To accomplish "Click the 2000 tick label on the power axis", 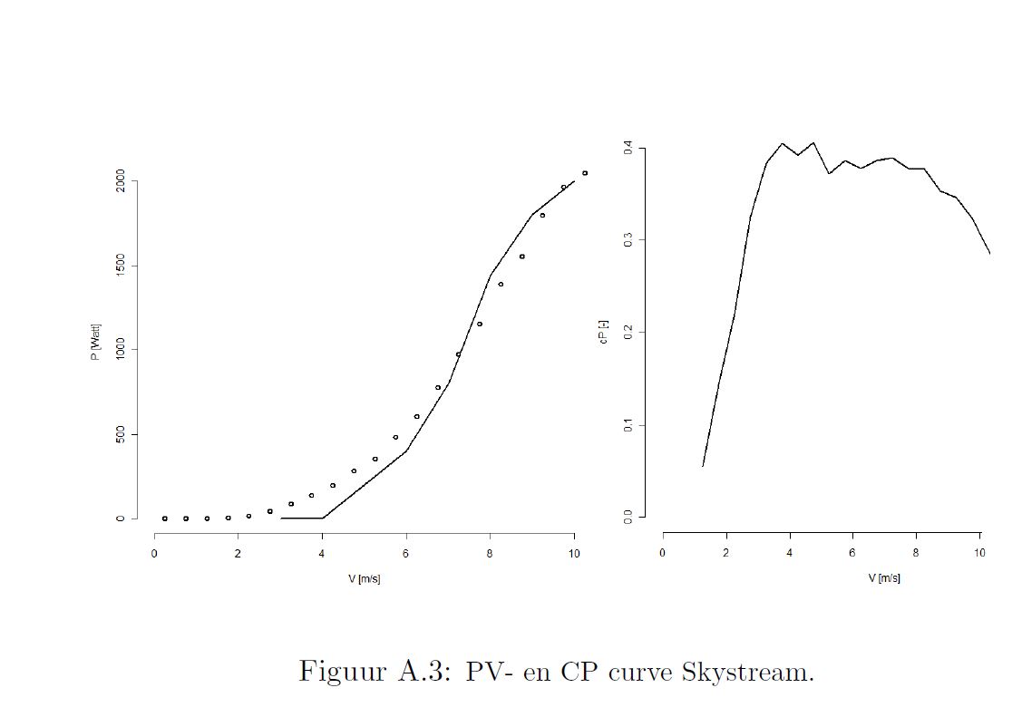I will pyautogui.click(x=120, y=181).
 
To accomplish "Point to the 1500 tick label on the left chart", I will pyautogui.click(x=120, y=266).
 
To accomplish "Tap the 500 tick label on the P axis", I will pyautogui.click(x=120, y=435).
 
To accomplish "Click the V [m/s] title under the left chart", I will pyautogui.click(x=364, y=579).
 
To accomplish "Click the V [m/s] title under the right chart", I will pyautogui.click(x=883, y=577).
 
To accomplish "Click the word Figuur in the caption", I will pyautogui.click(x=339, y=673).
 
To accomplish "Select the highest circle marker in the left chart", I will pyautogui.click(x=585, y=173).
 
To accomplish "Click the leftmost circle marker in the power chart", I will pyautogui.click(x=164, y=518).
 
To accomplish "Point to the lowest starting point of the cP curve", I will pyautogui.click(x=703, y=466).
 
